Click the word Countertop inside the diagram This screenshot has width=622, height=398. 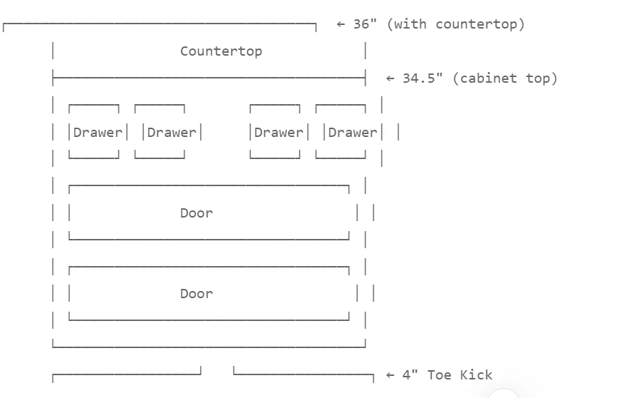221,51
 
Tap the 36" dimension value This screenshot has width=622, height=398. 365,24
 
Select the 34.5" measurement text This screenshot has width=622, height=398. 423,78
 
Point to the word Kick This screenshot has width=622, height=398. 476,374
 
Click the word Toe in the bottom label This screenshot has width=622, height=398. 439,374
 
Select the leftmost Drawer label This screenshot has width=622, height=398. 98,132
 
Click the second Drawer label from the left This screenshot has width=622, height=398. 172,132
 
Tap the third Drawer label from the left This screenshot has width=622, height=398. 279,132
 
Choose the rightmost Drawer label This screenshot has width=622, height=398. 353,132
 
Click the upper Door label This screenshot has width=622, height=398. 197,213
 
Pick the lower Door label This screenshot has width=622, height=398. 197,294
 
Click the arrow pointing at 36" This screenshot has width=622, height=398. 341,24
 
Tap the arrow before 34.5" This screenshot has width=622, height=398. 390,78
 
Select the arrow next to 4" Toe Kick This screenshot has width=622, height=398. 390,375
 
